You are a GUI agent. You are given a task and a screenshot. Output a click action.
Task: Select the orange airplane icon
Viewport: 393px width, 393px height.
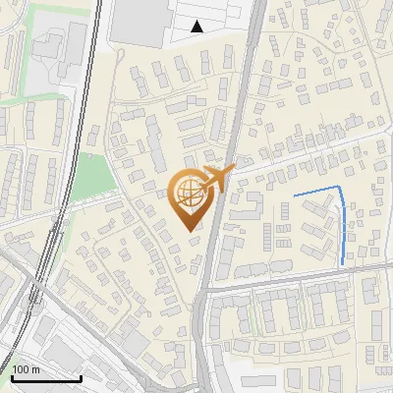(x=216, y=179)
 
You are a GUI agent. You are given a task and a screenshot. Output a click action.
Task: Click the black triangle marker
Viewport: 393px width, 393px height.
(x=197, y=27)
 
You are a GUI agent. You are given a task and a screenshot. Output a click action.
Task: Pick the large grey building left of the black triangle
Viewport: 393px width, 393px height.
(x=138, y=20)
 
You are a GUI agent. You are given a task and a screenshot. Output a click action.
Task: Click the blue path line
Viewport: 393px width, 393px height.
(x=341, y=221)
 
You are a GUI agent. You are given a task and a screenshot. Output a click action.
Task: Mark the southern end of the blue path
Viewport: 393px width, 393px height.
(x=342, y=263)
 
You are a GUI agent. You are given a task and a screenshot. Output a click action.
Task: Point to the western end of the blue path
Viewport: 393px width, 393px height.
(x=295, y=196)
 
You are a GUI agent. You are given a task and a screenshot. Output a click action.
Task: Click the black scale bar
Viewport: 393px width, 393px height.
(x=46, y=378)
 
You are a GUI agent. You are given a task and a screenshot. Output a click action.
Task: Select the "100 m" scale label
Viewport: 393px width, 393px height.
(x=27, y=369)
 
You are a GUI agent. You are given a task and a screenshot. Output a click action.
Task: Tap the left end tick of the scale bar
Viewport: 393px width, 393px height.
(x=12, y=377)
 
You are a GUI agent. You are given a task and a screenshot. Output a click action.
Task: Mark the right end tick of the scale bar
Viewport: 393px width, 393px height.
(x=81, y=377)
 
